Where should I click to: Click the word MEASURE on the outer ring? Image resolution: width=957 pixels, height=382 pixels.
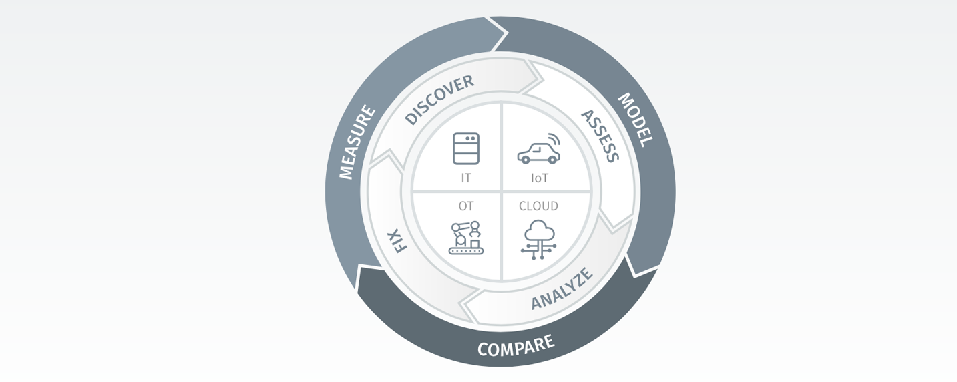click(357, 142)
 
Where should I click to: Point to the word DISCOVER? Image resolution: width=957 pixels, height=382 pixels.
click(439, 100)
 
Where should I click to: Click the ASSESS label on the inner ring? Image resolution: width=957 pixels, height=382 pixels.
click(600, 136)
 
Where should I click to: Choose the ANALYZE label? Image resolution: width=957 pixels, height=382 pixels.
click(562, 289)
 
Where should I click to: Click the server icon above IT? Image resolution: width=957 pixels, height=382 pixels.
click(466, 148)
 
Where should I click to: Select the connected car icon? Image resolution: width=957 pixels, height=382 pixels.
click(539, 148)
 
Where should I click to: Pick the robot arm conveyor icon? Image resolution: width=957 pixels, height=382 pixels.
click(466, 238)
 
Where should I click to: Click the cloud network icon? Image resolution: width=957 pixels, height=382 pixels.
click(539, 240)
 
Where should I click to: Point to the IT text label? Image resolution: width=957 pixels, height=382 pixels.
click(466, 178)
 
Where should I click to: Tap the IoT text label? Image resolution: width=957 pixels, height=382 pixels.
click(539, 178)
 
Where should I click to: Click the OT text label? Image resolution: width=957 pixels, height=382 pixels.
click(466, 206)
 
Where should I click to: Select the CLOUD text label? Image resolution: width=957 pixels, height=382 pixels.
click(539, 206)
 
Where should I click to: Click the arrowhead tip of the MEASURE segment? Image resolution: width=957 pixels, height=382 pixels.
click(508, 32)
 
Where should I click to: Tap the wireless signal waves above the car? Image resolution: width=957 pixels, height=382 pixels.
click(554, 140)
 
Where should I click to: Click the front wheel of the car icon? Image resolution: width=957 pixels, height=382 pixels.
click(552, 160)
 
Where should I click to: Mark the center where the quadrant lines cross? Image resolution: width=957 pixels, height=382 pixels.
click(502, 192)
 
